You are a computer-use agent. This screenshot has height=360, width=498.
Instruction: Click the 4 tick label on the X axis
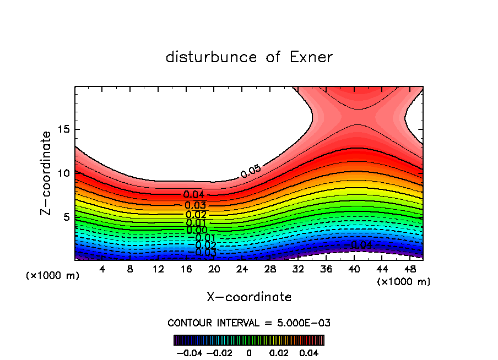102,269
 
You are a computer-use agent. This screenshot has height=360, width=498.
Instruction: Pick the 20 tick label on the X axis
214,269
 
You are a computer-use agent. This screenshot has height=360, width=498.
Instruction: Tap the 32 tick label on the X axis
298,269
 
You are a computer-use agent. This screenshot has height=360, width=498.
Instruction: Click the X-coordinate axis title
249,297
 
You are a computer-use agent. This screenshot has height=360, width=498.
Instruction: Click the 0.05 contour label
251,171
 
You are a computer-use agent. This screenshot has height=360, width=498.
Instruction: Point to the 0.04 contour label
194,194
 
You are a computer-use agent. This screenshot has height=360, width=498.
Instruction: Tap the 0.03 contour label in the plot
195,205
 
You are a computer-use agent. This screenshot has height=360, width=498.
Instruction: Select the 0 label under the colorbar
249,352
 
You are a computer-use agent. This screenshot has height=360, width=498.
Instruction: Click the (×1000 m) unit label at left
53,275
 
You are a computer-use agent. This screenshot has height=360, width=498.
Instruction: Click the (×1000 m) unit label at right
404,281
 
